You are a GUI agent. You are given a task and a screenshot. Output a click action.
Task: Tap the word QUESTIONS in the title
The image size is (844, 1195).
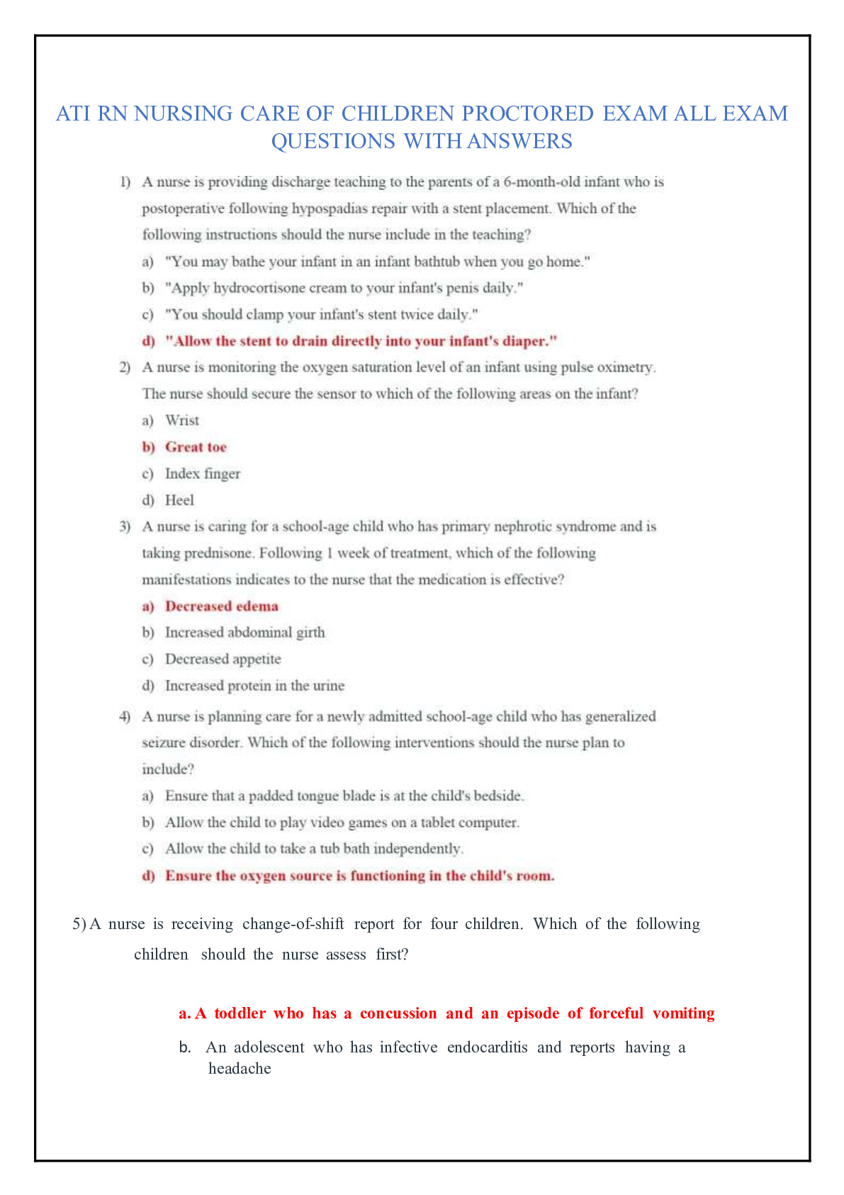(x=333, y=141)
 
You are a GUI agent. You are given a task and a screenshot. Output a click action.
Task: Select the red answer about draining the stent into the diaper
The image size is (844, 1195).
(x=361, y=341)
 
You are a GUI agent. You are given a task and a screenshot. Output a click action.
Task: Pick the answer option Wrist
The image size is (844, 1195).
(x=182, y=421)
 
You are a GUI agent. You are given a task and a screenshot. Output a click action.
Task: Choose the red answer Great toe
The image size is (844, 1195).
(x=196, y=447)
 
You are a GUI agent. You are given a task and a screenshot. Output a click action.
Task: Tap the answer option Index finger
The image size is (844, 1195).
(x=203, y=474)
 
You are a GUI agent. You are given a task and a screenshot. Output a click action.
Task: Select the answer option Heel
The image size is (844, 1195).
(x=179, y=500)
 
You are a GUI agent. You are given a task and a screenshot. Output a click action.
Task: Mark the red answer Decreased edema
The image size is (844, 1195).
(x=221, y=606)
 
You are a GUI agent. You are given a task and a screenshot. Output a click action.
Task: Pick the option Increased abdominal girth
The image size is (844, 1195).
(x=244, y=633)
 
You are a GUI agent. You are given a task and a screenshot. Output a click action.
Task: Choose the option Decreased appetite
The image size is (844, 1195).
(x=223, y=659)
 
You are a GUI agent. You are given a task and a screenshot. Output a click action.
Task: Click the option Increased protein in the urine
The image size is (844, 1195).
(x=254, y=686)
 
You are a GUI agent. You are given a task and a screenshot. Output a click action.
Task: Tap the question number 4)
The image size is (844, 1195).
(x=125, y=716)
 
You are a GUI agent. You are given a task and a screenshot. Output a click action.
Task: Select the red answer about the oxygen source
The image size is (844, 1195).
(x=359, y=876)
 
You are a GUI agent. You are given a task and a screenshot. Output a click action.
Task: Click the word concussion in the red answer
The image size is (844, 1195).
(x=398, y=1013)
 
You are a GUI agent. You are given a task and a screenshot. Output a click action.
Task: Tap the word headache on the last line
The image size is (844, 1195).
(x=240, y=1069)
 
